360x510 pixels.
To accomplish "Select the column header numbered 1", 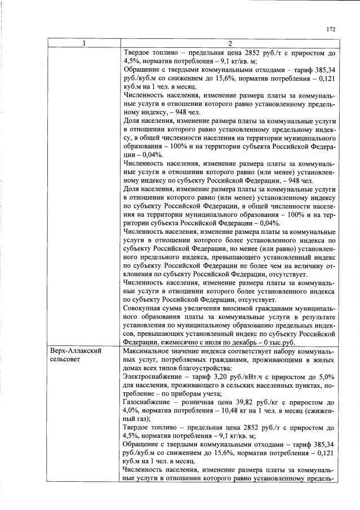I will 83,44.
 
